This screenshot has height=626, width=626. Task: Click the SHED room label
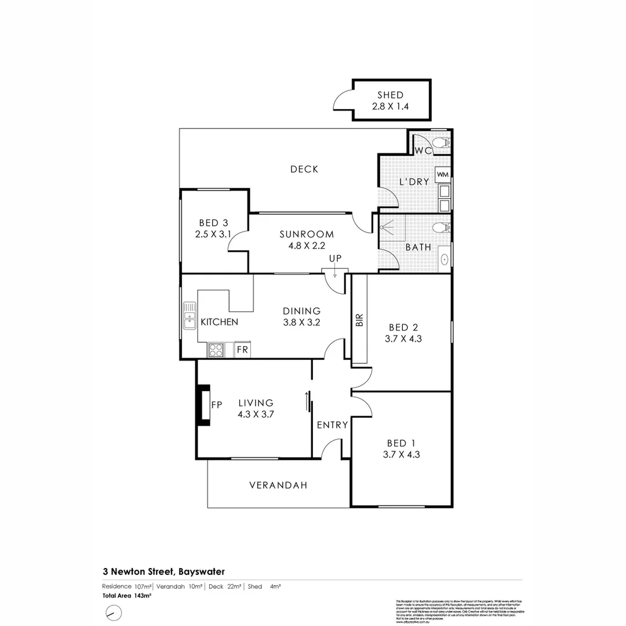pyautogui.click(x=390, y=95)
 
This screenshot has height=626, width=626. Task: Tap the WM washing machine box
pyautogui.click(x=443, y=174)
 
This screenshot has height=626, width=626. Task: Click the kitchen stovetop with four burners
pyautogui.click(x=216, y=350)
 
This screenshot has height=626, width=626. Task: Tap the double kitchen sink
pyautogui.click(x=190, y=316)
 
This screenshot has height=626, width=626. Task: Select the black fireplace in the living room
pyautogui.click(x=203, y=405)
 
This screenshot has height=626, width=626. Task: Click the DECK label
pyautogui.click(x=304, y=169)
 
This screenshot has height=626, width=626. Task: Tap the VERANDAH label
pyautogui.click(x=278, y=486)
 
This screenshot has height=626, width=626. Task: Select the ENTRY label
pyautogui.click(x=332, y=425)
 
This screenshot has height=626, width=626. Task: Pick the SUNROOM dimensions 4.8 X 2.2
pyautogui.click(x=307, y=245)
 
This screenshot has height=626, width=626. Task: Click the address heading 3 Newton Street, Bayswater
pyautogui.click(x=163, y=572)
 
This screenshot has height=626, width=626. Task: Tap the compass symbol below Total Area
pyautogui.click(x=114, y=612)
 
